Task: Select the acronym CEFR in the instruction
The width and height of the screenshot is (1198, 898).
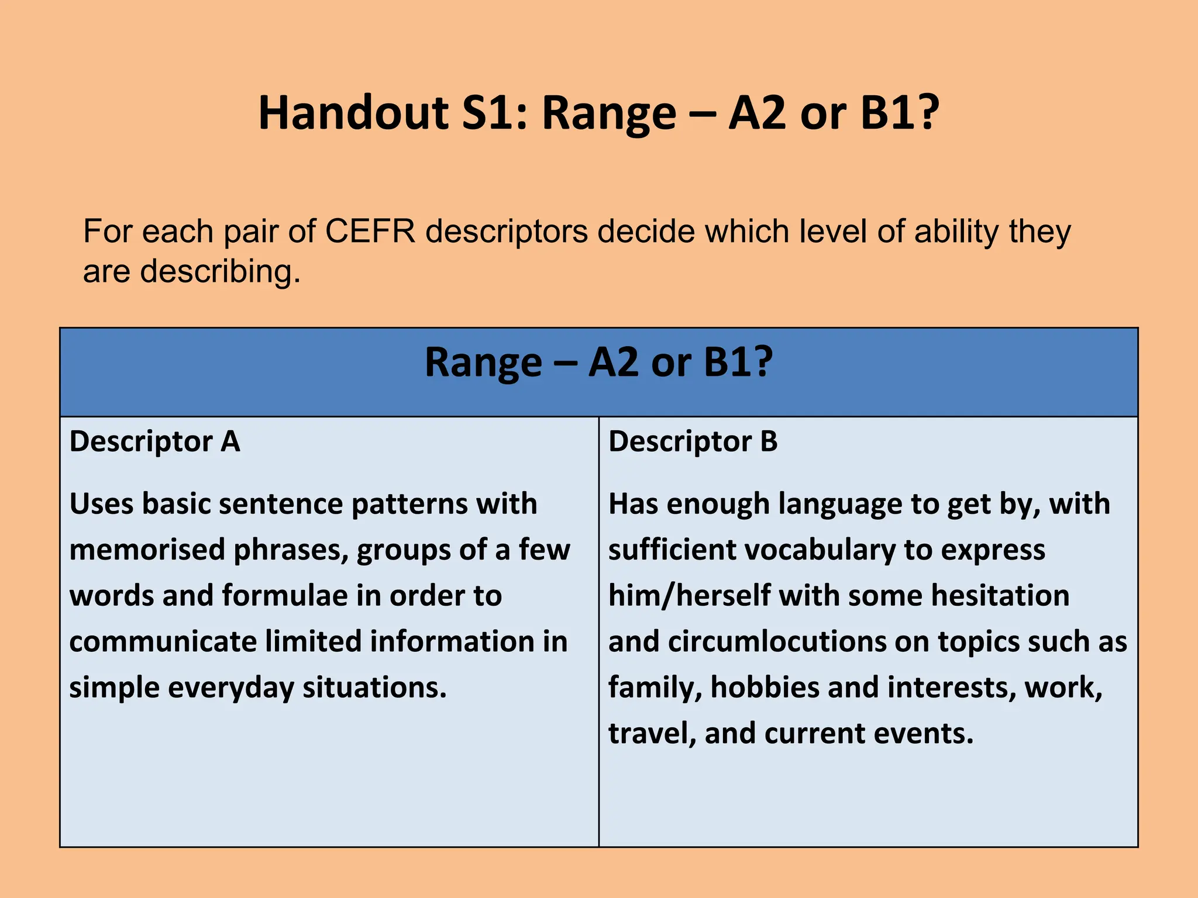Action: tap(370, 232)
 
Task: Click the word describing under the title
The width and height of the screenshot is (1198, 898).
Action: tap(221, 272)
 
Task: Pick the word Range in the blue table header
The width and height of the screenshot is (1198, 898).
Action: tap(483, 362)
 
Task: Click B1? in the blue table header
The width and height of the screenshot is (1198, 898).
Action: tap(738, 362)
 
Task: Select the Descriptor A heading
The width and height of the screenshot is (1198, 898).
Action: tap(154, 441)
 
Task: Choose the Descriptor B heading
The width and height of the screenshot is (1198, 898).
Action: tap(693, 441)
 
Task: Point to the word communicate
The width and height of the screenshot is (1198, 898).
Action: tap(163, 641)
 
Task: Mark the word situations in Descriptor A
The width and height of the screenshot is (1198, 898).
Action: tap(374, 687)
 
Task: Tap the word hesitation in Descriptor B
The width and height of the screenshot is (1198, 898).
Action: tap(1000, 596)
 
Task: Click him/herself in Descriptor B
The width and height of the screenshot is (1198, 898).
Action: tap(689, 596)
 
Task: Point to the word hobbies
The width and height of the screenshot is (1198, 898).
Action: tap(765, 687)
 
